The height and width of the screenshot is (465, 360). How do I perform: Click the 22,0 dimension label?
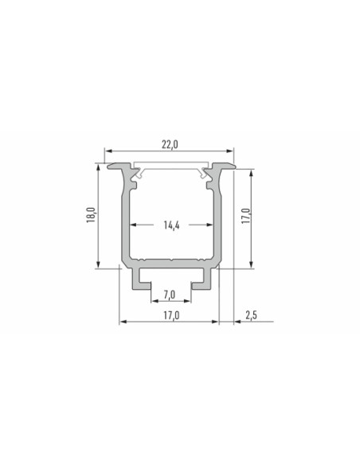pyautogui.click(x=170, y=144)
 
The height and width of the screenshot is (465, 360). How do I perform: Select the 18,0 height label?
pyautogui.click(x=91, y=215)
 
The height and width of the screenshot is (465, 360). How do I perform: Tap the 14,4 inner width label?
pyautogui.click(x=171, y=225)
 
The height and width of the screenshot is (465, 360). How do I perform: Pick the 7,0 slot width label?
pyautogui.click(x=170, y=295)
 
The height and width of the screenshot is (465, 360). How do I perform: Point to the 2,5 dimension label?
pyautogui.click(x=251, y=315)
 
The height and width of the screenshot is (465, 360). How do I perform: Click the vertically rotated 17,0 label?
pyautogui.click(x=246, y=216)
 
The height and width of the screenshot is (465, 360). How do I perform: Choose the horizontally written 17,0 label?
pyautogui.click(x=171, y=315)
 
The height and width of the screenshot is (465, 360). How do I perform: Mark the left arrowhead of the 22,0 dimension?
pyautogui.click(x=108, y=151)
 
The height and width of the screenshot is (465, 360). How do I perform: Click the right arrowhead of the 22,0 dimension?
pyautogui.click(x=230, y=151)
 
